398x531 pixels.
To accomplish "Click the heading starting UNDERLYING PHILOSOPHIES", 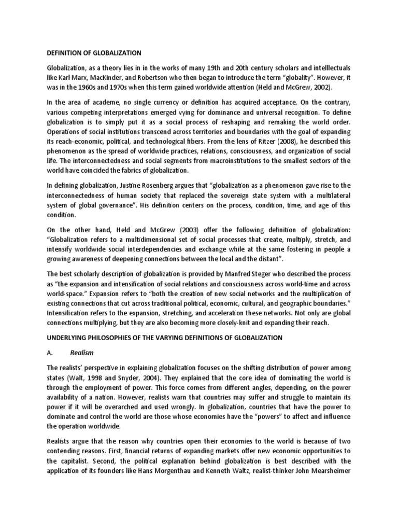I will pyautogui.click(x=164, y=338).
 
